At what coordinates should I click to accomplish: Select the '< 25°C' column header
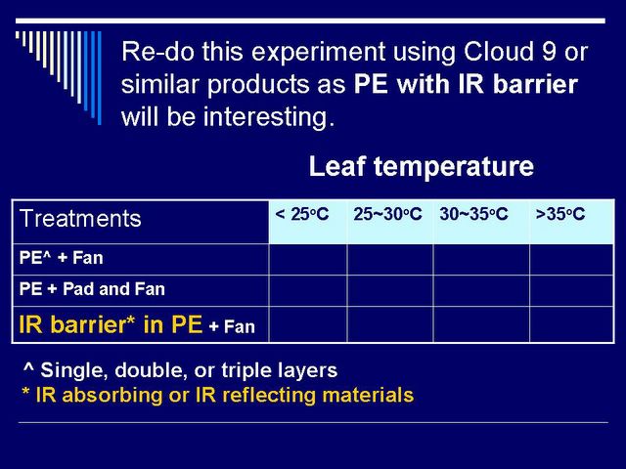302,214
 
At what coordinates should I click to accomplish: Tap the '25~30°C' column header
387,214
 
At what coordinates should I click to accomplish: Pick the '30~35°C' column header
473,214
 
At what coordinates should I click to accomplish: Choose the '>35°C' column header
560,214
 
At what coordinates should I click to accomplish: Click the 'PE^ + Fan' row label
61,258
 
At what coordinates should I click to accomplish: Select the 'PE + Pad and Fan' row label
92,289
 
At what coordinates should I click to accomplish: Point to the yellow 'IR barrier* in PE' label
111,324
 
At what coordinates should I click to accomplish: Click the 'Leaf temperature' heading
422,166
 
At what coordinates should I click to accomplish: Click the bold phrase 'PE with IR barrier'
466,84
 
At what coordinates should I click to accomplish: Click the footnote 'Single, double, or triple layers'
189,370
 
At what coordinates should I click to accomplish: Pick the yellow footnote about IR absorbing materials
217,395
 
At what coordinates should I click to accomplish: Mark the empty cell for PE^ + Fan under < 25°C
308,259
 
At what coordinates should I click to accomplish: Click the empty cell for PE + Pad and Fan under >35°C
571,290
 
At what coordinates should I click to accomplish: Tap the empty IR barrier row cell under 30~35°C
481,324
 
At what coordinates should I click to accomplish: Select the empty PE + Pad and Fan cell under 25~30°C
390,290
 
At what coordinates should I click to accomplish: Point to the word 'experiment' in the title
319,53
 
